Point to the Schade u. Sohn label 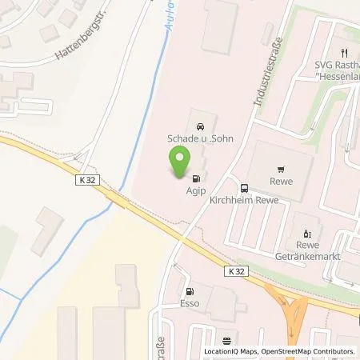pyautogui.click(x=200, y=138)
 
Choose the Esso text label pyautogui.click(x=189, y=304)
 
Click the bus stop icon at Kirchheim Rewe pyautogui.click(x=244, y=190)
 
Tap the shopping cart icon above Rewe pyautogui.click(x=281, y=170)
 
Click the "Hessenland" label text pyautogui.click(x=335, y=71)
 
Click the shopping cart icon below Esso pyautogui.click(x=226, y=338)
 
